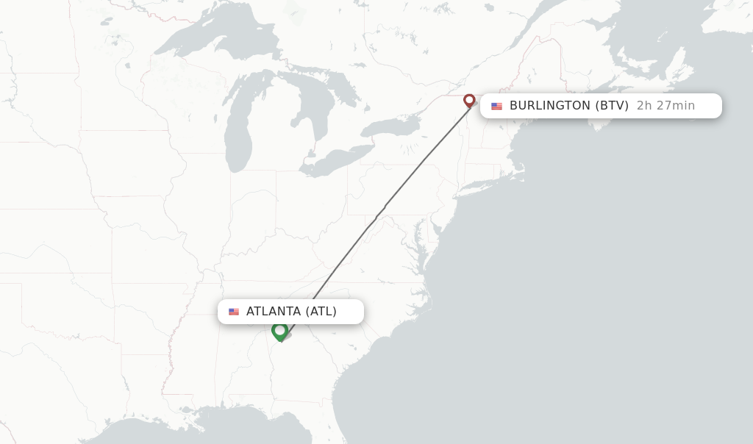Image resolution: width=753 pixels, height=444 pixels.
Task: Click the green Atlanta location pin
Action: pyautogui.click(x=279, y=331)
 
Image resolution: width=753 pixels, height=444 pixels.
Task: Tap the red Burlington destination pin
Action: pyautogui.click(x=469, y=101)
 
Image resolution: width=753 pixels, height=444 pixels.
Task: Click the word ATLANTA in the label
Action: pyautogui.click(x=274, y=312)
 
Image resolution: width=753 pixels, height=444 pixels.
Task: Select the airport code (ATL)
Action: pyautogui.click(x=321, y=312)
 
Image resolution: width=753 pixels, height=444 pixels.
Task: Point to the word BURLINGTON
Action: pyautogui.click(x=549, y=106)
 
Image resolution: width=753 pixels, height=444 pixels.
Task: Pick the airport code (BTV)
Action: pyautogui.click(x=612, y=106)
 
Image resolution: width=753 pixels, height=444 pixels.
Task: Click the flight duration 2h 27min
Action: pyautogui.click(x=665, y=106)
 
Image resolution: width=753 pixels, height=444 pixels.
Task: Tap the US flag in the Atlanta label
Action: pyautogui.click(x=234, y=312)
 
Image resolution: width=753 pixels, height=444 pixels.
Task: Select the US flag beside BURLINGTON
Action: pyautogui.click(x=497, y=106)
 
